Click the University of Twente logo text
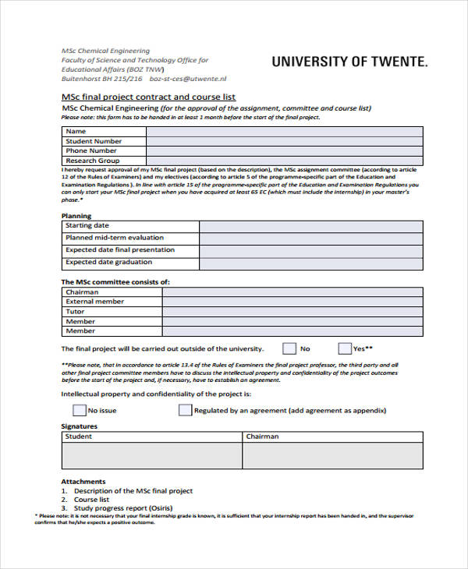349,62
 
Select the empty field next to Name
284,131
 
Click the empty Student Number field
284,141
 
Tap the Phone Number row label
91,150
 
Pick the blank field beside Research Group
284,161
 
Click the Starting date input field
310,226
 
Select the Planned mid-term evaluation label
114,238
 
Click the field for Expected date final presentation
310,251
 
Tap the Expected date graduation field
310,263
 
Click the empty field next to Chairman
293,292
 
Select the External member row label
94,302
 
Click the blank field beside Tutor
293,312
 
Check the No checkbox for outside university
289,348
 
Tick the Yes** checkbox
345,348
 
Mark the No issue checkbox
79,410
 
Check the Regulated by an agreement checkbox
185,410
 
